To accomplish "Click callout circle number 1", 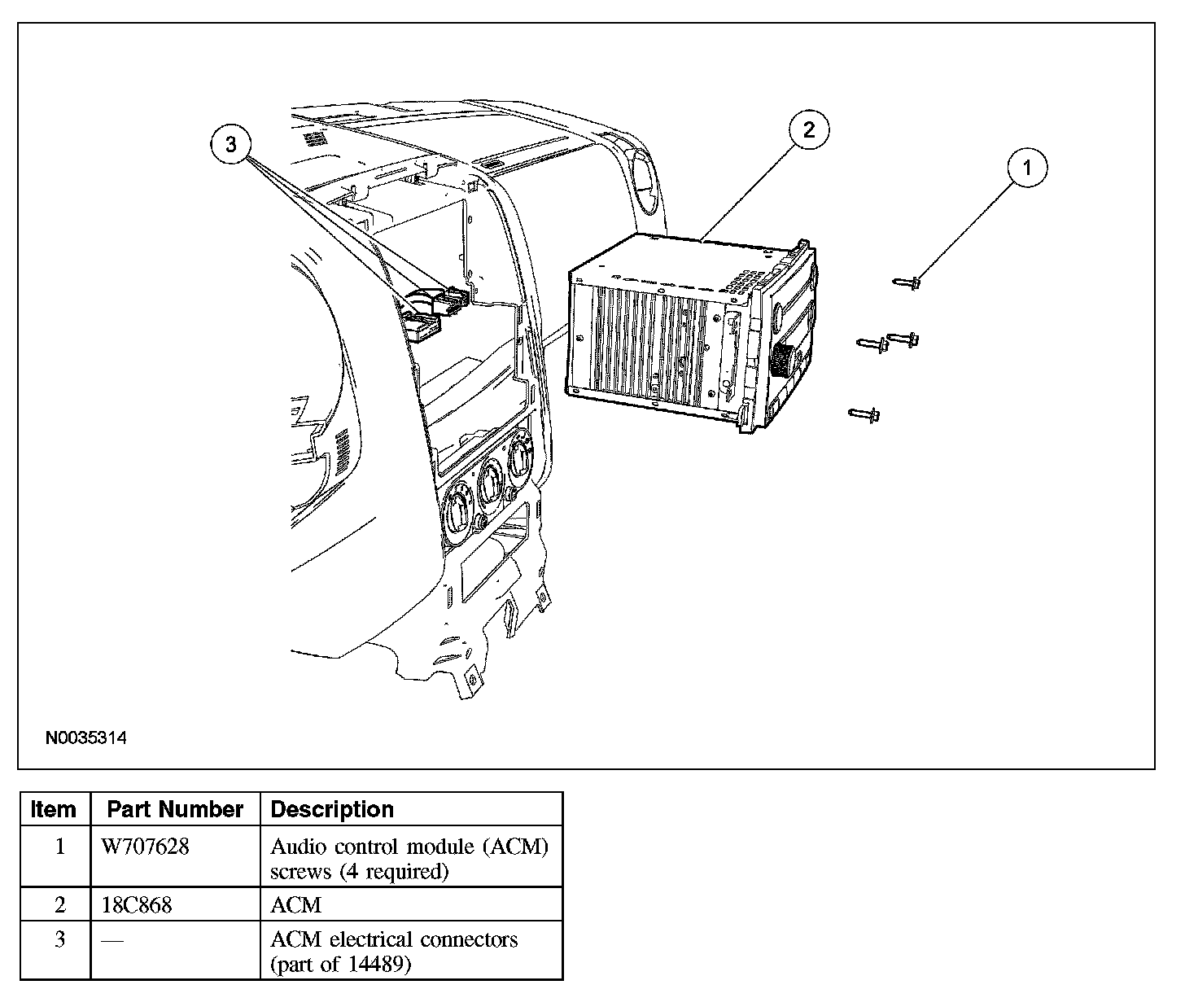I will pos(1026,169).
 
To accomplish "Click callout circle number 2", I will pos(807,129).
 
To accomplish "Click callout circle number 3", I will pos(231,145).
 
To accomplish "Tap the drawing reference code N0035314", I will pos(86,738).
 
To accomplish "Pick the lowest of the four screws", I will pos(864,415).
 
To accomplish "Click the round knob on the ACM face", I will pos(783,358).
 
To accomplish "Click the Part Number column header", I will pos(175,809).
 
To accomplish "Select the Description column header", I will pos(331,809).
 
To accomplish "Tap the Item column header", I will pos(54,809).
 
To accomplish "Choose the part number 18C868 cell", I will pos(137,904).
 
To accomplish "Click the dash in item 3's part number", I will pos(112,940).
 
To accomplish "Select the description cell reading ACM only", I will pos(295,904).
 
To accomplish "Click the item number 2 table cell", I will pos(59,904).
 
